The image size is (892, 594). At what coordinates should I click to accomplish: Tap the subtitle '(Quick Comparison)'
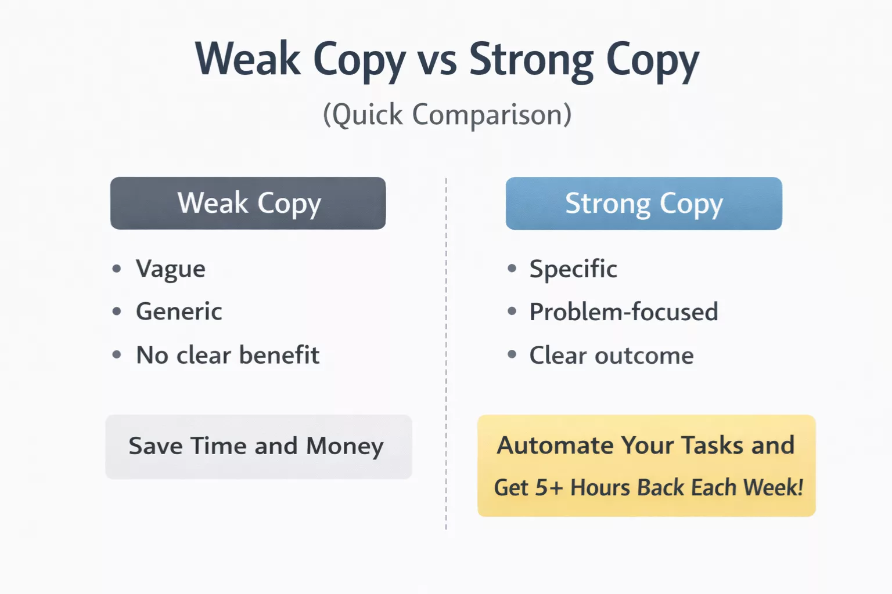pyautogui.click(x=447, y=114)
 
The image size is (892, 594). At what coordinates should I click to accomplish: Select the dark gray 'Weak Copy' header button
pyautogui.click(x=248, y=203)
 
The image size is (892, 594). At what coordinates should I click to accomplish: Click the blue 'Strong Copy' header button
pyautogui.click(x=643, y=203)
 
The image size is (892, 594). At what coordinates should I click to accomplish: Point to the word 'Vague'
pyautogui.click(x=171, y=269)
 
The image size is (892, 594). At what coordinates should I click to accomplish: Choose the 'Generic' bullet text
pyautogui.click(x=179, y=312)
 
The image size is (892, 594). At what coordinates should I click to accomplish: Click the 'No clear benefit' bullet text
pyautogui.click(x=228, y=355)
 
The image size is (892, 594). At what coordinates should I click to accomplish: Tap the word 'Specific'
pyautogui.click(x=573, y=269)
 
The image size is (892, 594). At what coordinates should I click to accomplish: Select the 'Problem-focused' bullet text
pyautogui.click(x=624, y=312)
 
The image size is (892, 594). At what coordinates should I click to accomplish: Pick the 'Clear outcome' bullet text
pyautogui.click(x=612, y=356)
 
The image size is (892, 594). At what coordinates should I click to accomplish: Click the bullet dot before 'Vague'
pyautogui.click(x=117, y=269)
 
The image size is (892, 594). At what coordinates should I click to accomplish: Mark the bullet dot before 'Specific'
pyautogui.click(x=512, y=268)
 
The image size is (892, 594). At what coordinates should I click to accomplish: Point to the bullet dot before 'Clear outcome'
pyautogui.click(x=512, y=354)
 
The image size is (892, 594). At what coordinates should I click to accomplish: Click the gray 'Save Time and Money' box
pyautogui.click(x=258, y=447)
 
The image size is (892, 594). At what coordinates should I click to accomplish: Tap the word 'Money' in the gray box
pyautogui.click(x=345, y=446)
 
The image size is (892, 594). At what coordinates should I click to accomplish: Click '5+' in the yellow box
pyautogui.click(x=549, y=488)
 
